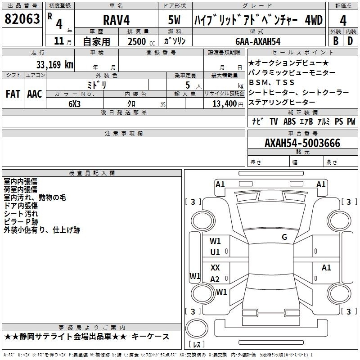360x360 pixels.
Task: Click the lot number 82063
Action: [22, 18]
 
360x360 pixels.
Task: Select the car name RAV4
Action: [116, 20]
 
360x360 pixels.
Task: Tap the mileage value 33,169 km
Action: [54, 64]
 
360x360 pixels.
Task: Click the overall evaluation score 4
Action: [343, 21]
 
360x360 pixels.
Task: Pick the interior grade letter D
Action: [350, 41]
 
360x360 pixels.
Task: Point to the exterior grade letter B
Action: [336, 41]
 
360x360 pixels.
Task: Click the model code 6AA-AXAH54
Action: [258, 41]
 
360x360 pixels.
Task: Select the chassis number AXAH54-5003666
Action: [302, 143]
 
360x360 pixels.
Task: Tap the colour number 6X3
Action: [74, 104]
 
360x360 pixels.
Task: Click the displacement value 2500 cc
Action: [141, 41]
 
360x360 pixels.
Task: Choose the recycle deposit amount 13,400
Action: [225, 103]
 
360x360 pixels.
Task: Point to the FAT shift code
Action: [13, 94]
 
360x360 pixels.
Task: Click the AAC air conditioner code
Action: [35, 94]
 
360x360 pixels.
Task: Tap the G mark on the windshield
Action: [284, 237]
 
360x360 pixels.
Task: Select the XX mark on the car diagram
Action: [215, 267]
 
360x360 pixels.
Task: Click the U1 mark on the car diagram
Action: [215, 252]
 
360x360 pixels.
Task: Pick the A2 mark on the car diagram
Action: [215, 279]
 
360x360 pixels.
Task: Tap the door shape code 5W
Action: [174, 20]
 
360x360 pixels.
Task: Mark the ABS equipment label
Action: [289, 121]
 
